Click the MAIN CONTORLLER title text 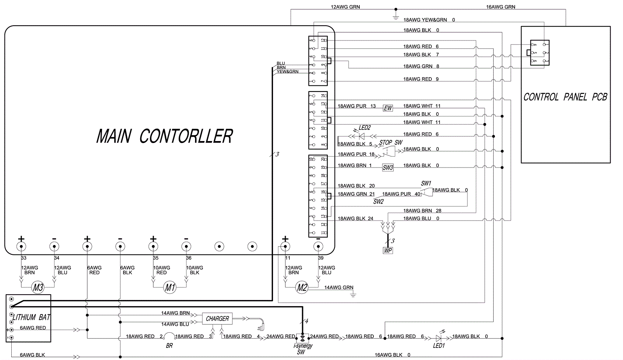(x=164, y=136)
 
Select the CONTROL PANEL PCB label (x=565, y=97)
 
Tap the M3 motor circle (x=38, y=288)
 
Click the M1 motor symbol (x=170, y=288)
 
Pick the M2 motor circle (x=302, y=288)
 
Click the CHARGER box (x=217, y=319)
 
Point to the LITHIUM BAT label (x=31, y=317)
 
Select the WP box (x=388, y=251)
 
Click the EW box (x=388, y=108)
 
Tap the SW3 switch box (x=388, y=168)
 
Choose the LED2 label (x=364, y=128)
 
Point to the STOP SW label (x=391, y=143)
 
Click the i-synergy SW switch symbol (x=302, y=338)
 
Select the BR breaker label (x=169, y=346)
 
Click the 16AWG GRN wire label (x=500, y=7)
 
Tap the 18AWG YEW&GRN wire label (x=425, y=20)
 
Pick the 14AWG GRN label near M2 (x=339, y=288)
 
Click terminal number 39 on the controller (x=320, y=258)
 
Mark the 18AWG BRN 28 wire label (x=422, y=211)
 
